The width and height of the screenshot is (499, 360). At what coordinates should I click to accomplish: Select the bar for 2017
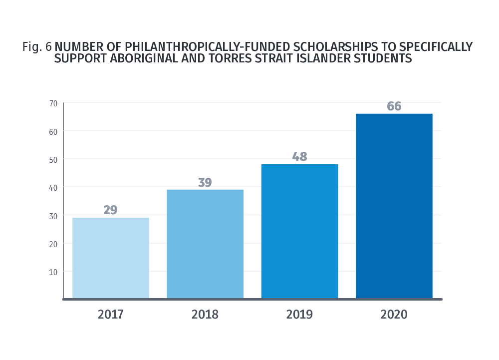tap(110, 258)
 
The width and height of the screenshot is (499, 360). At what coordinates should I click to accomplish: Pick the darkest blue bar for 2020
tap(394, 206)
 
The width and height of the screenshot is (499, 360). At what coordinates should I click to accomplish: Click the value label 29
tap(110, 210)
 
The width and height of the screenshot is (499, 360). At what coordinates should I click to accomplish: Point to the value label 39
tap(205, 182)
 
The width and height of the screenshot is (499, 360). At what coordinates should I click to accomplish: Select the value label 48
tap(299, 157)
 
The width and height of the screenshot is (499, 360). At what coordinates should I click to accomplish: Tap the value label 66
tap(394, 106)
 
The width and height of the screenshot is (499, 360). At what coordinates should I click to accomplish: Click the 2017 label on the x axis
tap(110, 315)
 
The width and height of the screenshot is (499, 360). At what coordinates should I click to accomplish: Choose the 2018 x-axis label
tap(205, 315)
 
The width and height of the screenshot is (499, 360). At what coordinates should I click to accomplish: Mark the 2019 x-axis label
tap(299, 315)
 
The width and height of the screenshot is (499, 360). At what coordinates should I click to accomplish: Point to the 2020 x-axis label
tap(394, 315)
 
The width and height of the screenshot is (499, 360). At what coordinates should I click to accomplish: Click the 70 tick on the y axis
tap(53, 103)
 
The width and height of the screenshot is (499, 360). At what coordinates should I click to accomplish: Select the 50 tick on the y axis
tap(53, 159)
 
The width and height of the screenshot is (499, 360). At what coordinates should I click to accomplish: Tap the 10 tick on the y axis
tap(53, 272)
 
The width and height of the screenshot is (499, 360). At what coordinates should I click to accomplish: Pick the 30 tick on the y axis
tap(53, 216)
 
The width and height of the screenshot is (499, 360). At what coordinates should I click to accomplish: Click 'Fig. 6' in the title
tap(37, 47)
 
